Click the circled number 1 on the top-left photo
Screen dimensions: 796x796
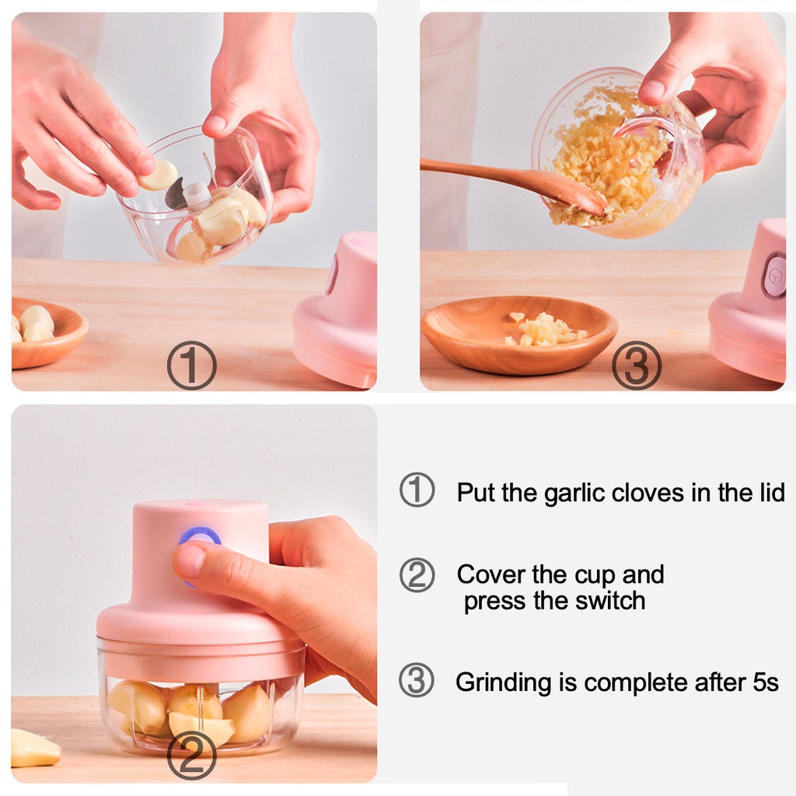191,365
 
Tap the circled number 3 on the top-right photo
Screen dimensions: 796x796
636,365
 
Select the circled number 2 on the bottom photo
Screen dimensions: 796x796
191,756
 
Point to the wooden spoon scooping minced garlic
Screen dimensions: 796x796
513,182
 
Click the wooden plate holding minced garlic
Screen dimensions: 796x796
518,334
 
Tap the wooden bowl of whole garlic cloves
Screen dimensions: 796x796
48,333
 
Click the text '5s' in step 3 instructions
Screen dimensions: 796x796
766,683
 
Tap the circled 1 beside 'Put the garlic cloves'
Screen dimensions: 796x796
417,490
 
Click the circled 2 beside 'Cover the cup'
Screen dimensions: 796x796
417,575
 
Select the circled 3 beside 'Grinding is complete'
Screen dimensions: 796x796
417,679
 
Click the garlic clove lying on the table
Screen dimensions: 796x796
33,749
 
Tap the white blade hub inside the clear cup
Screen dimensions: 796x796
197,195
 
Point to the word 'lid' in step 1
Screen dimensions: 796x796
772,492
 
